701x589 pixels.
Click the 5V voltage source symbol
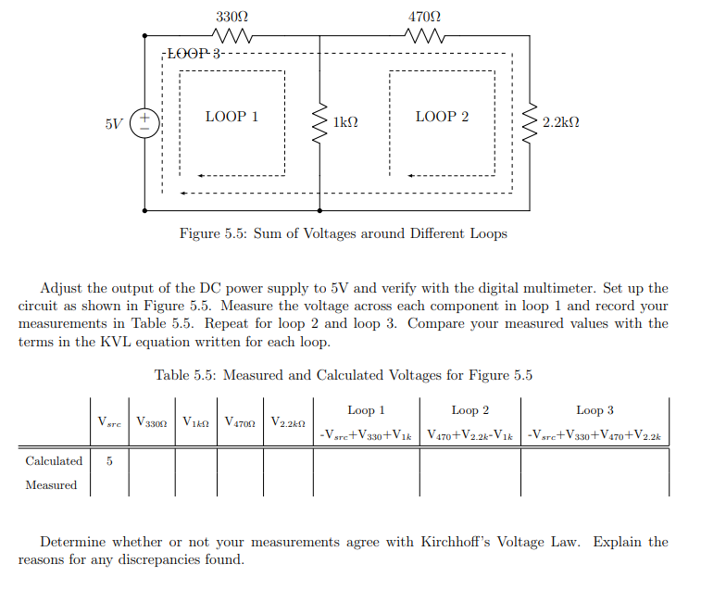(x=144, y=123)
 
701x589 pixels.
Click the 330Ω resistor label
(x=232, y=17)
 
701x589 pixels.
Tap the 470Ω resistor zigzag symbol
(x=424, y=37)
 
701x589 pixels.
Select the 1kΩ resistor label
(x=345, y=122)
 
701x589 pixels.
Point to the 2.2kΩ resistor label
(x=561, y=122)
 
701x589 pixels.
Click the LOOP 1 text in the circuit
(x=232, y=117)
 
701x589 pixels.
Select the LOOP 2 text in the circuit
(x=442, y=117)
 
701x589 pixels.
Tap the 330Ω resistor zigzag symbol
(x=232, y=37)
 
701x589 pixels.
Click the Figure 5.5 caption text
(x=343, y=233)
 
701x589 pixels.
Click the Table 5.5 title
(x=343, y=375)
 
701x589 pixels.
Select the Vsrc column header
(x=109, y=421)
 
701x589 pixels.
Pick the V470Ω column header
(x=240, y=421)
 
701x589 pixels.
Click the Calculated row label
(x=54, y=460)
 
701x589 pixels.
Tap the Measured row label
(x=51, y=484)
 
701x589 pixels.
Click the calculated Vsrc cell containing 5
(x=109, y=460)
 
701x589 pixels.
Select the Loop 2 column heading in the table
(x=469, y=409)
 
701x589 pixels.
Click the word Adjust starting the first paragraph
(x=61, y=288)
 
